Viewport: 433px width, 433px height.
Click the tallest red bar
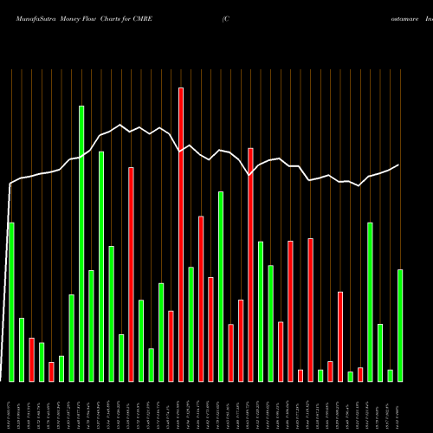coord(181,234)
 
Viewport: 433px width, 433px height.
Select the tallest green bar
coord(81,243)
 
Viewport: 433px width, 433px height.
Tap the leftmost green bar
coord(11,301)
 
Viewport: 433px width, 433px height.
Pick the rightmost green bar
coord(400,325)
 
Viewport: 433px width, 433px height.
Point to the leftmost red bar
coord(31,359)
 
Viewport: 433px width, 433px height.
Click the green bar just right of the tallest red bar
coord(191,324)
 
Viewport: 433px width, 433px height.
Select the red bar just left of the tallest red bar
coord(171,346)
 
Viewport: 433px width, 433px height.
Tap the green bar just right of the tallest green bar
coord(91,326)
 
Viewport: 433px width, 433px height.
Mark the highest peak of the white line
coord(120,125)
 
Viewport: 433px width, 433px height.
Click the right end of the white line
coord(399,165)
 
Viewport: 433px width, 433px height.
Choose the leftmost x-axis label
coord(11,408)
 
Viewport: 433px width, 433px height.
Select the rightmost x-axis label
coord(400,408)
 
